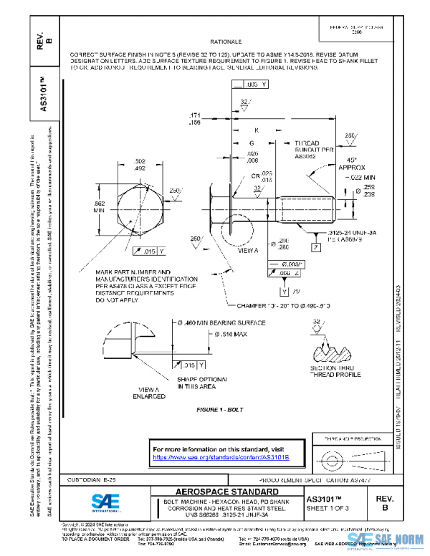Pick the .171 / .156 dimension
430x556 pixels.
coord(194,118)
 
